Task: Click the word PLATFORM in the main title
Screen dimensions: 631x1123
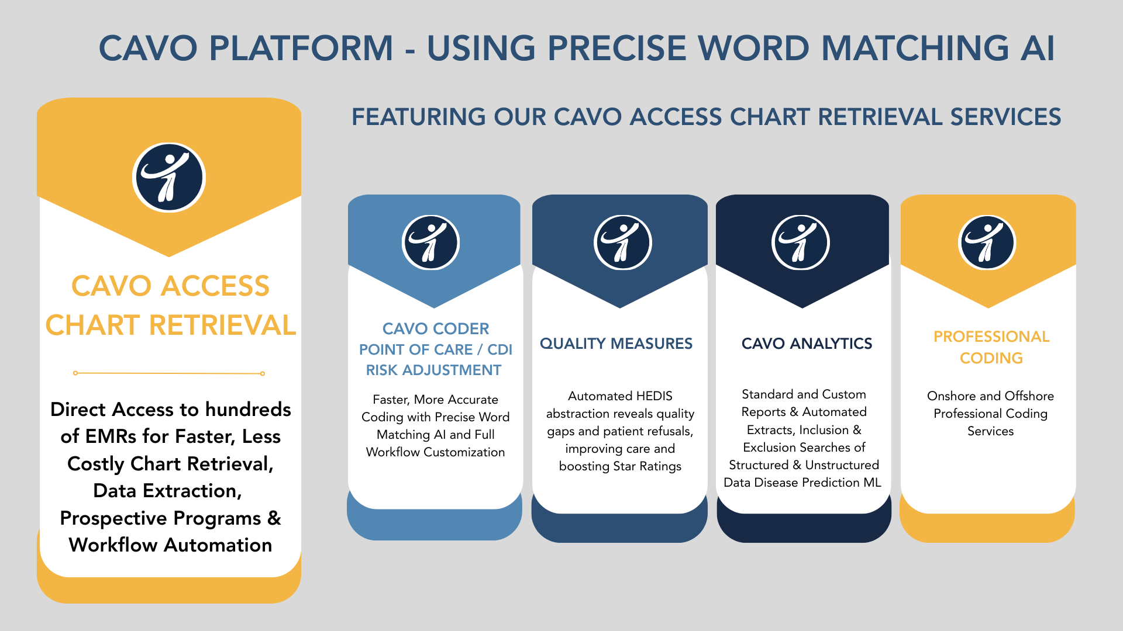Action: (301, 48)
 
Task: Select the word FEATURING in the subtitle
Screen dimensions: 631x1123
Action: (418, 117)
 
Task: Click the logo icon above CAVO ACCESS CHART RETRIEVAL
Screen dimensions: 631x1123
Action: (169, 177)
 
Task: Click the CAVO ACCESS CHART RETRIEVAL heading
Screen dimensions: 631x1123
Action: (170, 306)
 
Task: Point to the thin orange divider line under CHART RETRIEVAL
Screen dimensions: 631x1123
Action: (169, 373)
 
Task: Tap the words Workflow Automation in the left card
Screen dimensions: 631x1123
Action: (170, 545)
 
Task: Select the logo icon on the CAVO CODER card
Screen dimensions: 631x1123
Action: (431, 242)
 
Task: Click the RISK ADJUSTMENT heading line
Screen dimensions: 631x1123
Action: (433, 370)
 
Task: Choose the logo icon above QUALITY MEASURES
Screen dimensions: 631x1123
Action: (622, 242)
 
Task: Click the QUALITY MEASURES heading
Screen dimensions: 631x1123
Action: (616, 344)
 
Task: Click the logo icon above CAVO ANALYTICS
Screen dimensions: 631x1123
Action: (800, 242)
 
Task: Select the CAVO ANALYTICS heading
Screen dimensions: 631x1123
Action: (807, 344)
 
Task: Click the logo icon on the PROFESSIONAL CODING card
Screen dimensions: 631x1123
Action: (987, 242)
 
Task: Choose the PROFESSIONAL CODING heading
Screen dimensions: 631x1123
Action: (991, 347)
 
